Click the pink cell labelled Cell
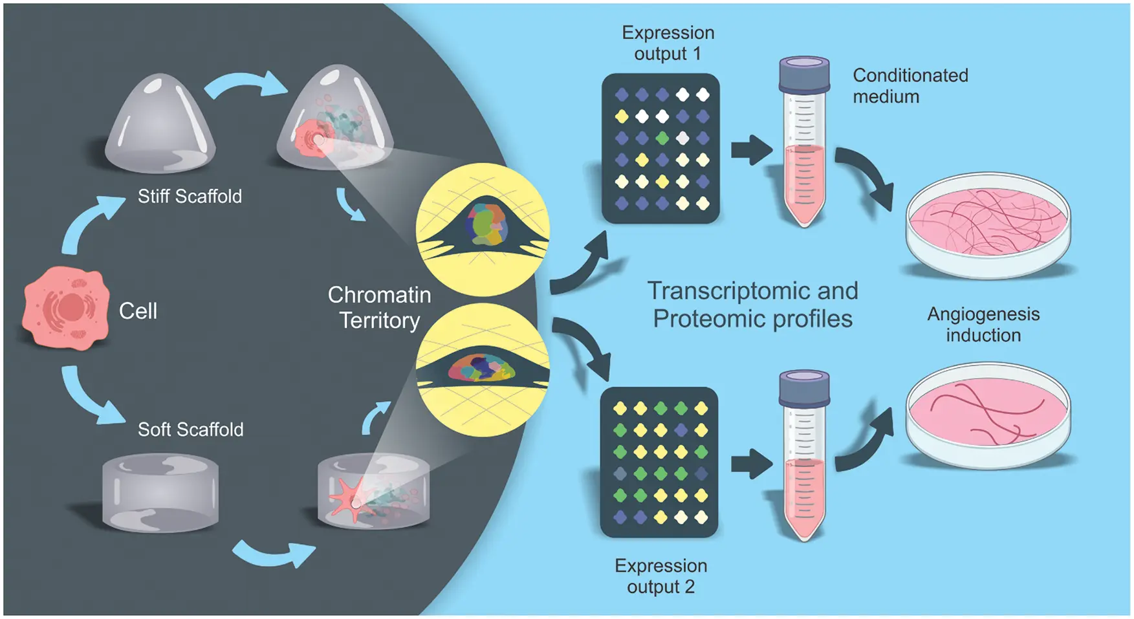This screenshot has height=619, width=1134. (65, 309)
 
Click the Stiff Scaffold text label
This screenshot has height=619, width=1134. (190, 196)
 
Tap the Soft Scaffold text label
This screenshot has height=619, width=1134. (190, 429)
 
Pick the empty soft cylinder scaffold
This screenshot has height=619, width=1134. (160, 492)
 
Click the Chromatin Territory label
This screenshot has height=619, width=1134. (380, 308)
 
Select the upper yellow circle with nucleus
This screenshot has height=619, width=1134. (483, 230)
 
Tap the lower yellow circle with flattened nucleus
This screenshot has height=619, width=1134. (483, 370)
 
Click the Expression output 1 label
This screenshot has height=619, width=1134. (668, 43)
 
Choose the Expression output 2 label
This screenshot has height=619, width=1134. (660, 576)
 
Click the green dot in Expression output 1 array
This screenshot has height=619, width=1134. (661, 138)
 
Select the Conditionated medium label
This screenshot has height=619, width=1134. (910, 85)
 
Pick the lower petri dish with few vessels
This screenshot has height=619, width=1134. (987, 414)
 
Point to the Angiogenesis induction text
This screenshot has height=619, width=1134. (983, 324)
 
